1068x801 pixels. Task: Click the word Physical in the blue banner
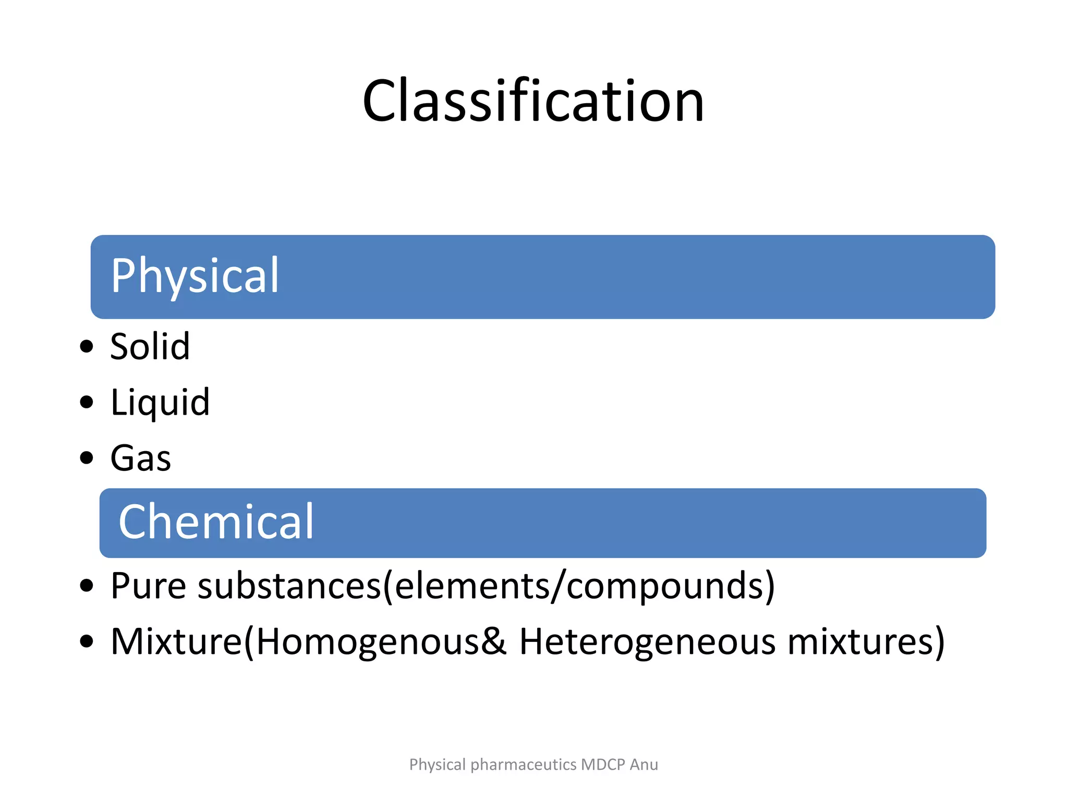point(195,276)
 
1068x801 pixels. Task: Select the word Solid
point(150,346)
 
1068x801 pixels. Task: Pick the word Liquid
point(160,403)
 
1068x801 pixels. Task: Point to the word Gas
point(141,458)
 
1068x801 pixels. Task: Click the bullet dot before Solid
point(87,346)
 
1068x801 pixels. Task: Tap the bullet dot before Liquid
point(87,402)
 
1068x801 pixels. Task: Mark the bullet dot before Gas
point(87,458)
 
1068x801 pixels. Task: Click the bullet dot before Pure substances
point(87,586)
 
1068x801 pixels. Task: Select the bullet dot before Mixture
point(87,641)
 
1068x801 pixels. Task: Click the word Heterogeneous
point(647,641)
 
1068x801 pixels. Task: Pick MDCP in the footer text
point(603,764)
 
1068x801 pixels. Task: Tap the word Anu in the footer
point(644,764)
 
